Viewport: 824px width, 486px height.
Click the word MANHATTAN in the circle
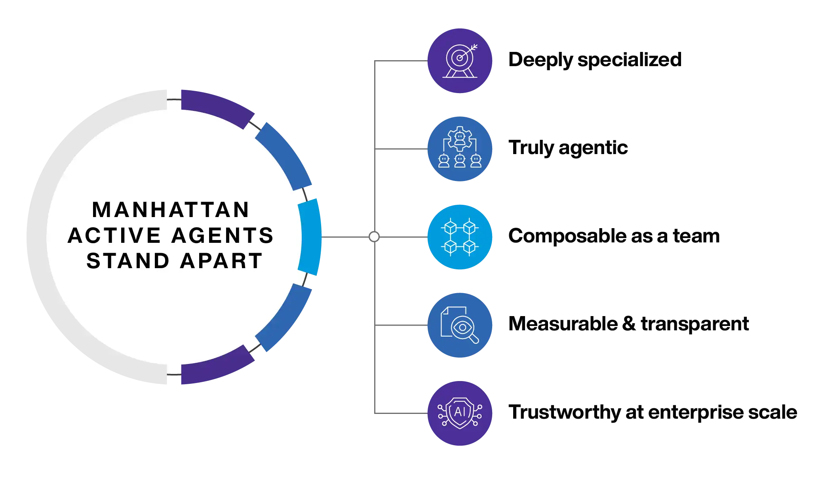point(171,210)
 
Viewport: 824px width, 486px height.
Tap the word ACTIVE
point(114,236)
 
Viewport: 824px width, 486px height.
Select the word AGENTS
point(223,236)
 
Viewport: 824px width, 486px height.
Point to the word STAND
point(128,261)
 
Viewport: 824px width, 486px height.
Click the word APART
point(221,261)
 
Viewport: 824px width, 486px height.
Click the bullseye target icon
point(460,61)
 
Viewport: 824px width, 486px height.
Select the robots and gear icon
point(460,149)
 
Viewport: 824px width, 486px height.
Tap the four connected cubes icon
point(460,237)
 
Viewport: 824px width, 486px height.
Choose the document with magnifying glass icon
point(460,325)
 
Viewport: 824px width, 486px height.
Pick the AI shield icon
point(460,413)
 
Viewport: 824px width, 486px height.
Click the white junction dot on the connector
point(374,237)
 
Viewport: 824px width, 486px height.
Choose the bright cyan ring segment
point(310,237)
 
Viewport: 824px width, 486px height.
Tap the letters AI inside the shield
point(460,412)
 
